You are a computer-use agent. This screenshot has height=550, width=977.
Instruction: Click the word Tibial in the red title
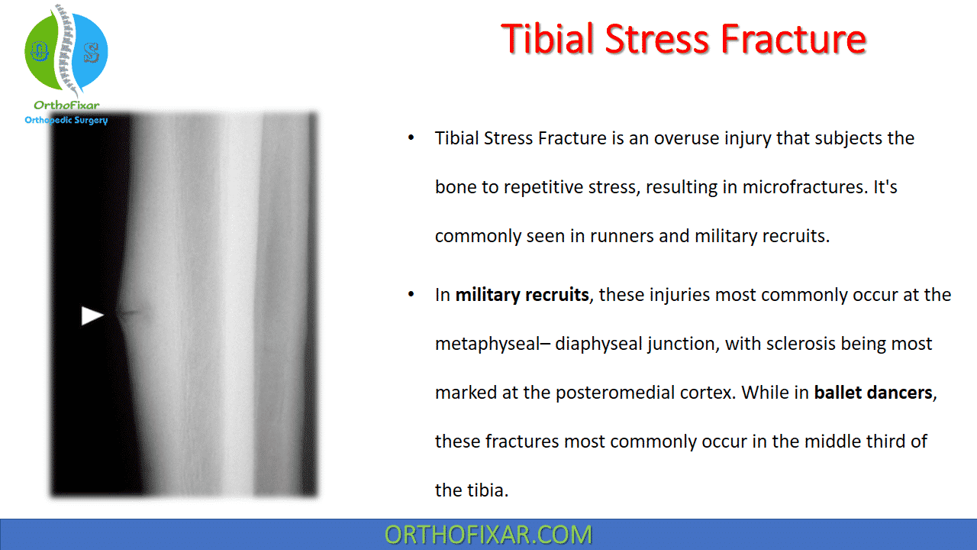547,39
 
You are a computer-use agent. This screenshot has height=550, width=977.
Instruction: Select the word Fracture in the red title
793,39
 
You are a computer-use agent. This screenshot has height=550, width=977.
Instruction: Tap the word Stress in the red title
657,39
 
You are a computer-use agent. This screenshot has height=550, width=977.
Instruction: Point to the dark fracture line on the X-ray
130,312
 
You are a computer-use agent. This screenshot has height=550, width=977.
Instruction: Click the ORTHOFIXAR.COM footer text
488,535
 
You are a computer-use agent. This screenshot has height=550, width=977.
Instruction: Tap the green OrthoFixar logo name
66,105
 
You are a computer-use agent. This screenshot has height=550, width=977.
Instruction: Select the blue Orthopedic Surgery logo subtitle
66,120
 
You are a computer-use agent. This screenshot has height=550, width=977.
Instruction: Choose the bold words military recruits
522,295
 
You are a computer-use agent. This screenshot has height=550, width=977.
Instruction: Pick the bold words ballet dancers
873,393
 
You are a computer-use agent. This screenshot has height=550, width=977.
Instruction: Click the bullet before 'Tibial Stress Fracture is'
411,138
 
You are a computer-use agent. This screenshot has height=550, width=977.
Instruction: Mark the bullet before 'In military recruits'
411,295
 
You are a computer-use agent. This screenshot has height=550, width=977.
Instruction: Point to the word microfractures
803,187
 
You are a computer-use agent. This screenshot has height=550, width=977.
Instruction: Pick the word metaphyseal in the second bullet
487,344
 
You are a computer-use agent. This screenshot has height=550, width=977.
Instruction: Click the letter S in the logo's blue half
92,53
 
